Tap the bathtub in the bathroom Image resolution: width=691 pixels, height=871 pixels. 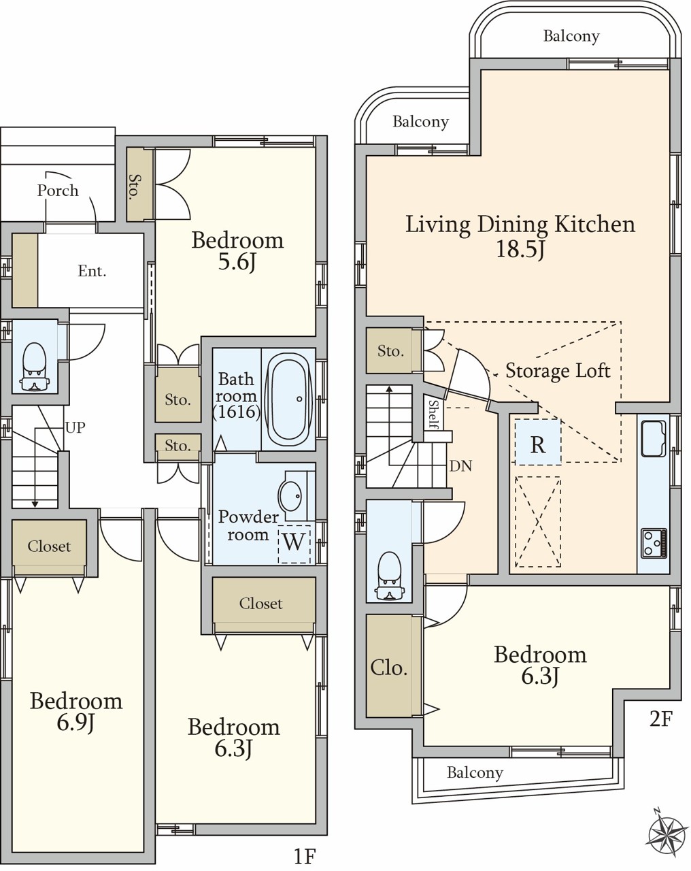pos(288,399)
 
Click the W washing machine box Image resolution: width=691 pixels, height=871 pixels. pos(294,544)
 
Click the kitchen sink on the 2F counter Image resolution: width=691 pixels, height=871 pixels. pos(654,439)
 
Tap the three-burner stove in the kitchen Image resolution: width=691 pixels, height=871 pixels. pos(654,543)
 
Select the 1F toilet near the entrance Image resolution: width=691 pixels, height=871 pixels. pos(35,367)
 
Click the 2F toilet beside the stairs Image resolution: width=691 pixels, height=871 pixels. pos(388,576)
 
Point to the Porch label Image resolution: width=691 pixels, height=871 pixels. pos(58,191)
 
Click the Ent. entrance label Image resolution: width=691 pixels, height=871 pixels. pos(92,271)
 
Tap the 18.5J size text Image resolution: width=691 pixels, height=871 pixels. pos(520,249)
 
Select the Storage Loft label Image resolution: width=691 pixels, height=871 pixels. pos(558,371)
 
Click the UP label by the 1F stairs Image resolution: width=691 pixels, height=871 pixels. pos(75,427)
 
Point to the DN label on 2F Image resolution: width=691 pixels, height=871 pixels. pos(461,466)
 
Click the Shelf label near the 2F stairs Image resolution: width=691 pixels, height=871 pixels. pos(433,414)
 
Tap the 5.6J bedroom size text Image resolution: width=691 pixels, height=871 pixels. pos(237,263)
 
